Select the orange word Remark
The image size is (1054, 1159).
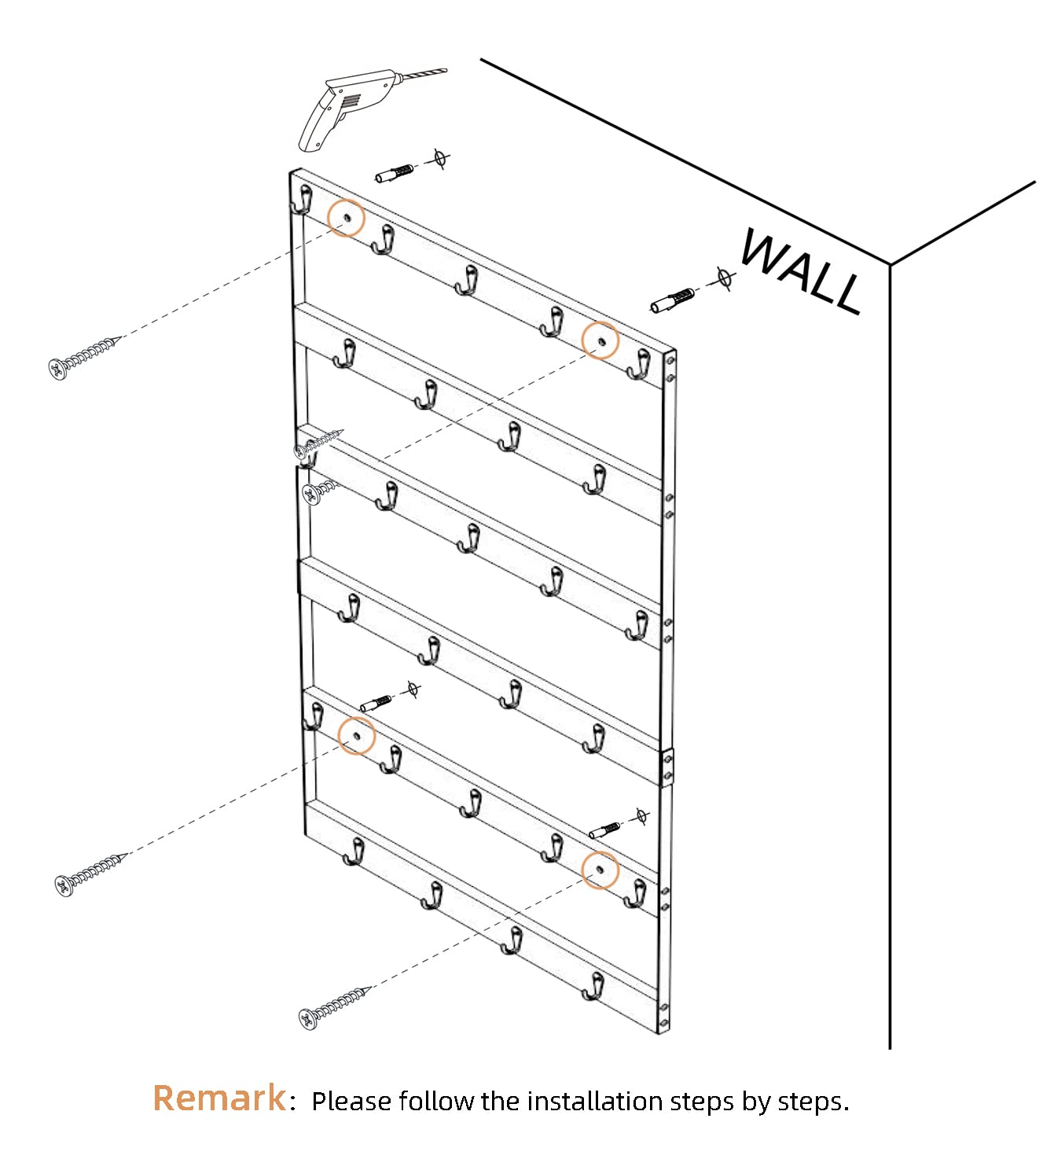click(x=219, y=1098)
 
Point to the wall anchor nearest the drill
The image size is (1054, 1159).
click(x=395, y=173)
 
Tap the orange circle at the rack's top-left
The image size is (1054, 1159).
click(x=346, y=218)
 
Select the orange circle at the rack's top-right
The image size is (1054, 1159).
click(x=600, y=340)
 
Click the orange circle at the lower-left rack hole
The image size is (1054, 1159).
click(x=356, y=735)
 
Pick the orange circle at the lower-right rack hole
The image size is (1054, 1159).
click(x=600, y=870)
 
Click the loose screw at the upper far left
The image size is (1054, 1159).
click(x=85, y=358)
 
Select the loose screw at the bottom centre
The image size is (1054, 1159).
click(x=334, y=1008)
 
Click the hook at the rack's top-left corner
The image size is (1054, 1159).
click(x=302, y=200)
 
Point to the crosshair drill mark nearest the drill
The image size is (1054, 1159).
click(x=440, y=158)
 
